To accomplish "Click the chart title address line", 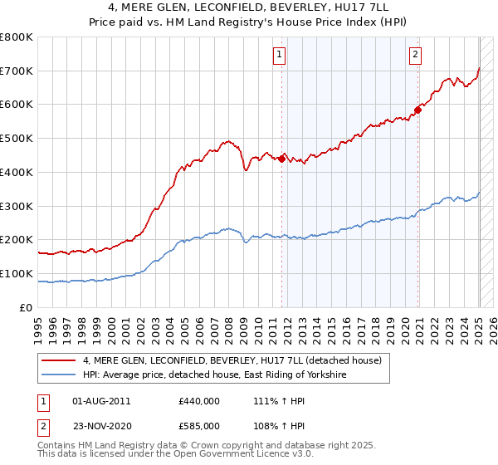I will (x=249, y=8).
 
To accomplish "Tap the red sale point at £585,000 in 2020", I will (x=417, y=109).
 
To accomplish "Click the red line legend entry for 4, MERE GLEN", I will (x=232, y=360).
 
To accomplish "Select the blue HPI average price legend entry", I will (x=214, y=375).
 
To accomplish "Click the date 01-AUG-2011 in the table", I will (x=102, y=400).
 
